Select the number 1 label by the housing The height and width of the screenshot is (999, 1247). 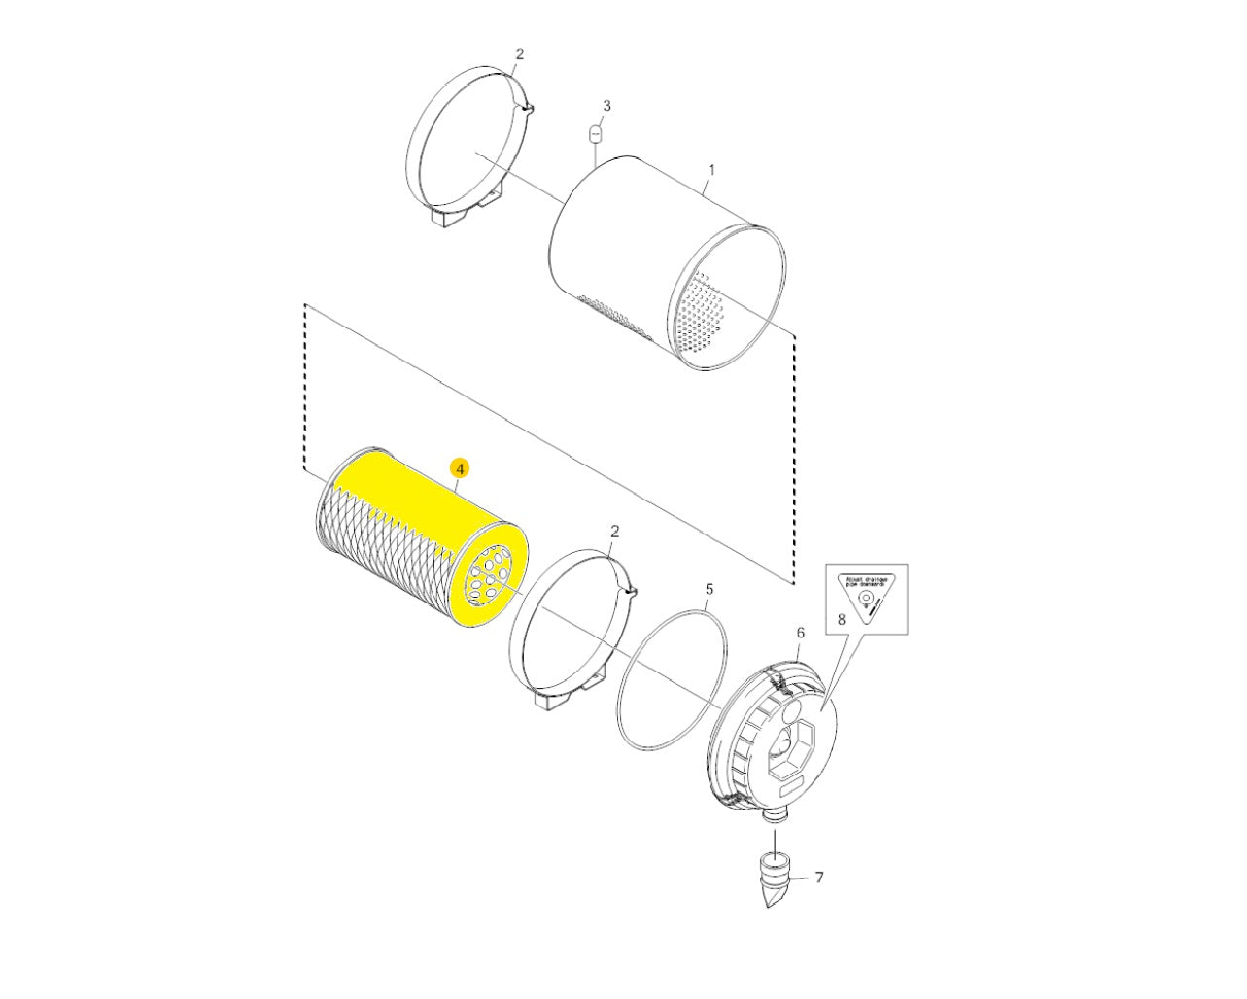tap(710, 169)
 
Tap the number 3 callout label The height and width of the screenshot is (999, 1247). tap(606, 105)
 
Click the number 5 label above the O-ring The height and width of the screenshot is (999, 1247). tap(709, 589)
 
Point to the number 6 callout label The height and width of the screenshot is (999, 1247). tap(801, 633)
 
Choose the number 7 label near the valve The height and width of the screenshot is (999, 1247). tap(818, 878)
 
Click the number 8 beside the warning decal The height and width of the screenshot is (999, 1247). tap(841, 618)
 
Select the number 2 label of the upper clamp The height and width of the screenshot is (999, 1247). tap(519, 54)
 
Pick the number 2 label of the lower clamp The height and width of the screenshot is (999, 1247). tap(614, 531)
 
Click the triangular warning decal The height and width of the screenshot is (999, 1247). tap(866, 595)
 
